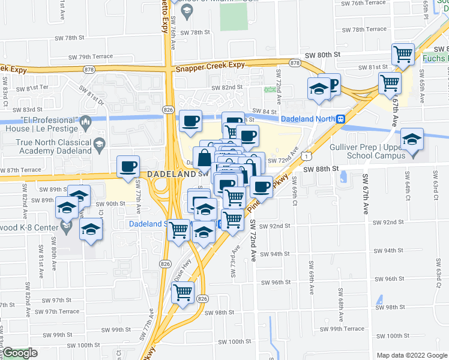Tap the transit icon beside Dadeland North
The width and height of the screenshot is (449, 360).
340,119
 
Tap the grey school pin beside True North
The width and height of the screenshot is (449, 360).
99,144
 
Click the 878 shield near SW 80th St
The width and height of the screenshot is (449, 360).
295,63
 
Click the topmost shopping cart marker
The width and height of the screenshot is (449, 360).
403,55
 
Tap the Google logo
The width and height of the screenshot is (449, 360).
20,353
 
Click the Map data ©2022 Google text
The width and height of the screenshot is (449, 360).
412,355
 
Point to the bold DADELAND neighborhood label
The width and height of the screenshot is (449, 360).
172,173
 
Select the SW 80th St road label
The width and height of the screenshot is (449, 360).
322,55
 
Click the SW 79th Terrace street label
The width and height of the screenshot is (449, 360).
91,57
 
